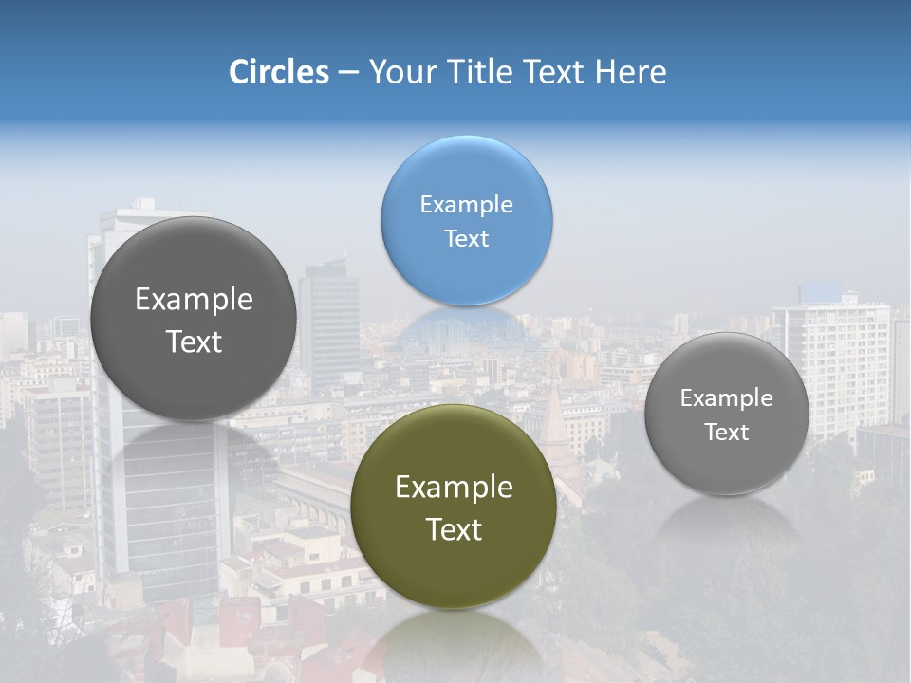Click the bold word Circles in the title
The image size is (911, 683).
(278, 72)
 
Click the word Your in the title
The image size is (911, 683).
(403, 72)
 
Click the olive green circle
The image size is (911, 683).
(453, 569)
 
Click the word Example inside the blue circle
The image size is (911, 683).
(466, 205)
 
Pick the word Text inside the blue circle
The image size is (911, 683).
(466, 239)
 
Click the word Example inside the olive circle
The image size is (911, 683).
(454, 488)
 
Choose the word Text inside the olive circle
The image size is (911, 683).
(454, 529)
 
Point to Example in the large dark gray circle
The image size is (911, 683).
(194, 300)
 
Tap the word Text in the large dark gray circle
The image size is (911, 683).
(194, 341)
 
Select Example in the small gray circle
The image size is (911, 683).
(726, 398)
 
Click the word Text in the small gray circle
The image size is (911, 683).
(726, 433)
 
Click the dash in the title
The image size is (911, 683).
(347, 72)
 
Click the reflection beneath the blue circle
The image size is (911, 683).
(465, 327)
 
